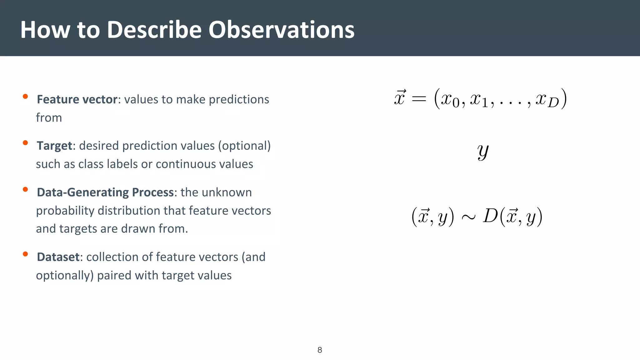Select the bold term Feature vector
77,99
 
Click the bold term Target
54,146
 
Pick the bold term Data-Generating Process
105,192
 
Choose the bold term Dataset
58,257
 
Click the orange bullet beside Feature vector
26,97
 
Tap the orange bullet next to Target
26,143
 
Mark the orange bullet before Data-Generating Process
26,189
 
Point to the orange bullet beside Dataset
26,254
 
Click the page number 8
320,350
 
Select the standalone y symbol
483,152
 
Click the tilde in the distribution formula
468,217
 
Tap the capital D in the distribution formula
490,216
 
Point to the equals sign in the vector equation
419,99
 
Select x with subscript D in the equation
547,100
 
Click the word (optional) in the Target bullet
244,146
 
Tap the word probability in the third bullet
65,211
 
